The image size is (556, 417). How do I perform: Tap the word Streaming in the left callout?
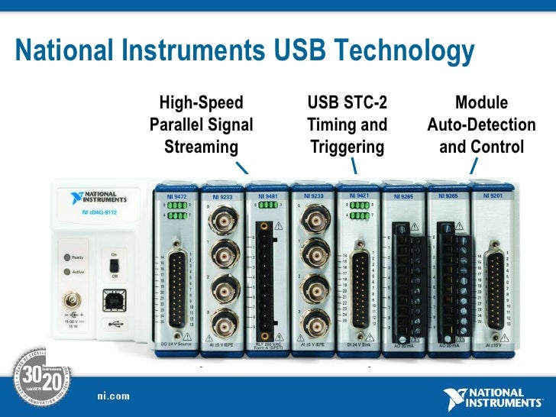[x=202, y=146]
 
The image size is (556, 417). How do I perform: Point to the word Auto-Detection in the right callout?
[x=481, y=124]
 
